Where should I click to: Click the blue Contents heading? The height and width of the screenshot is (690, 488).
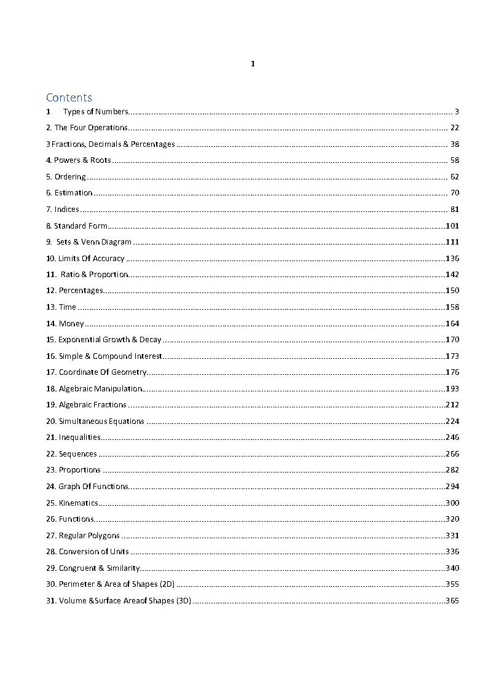(69, 98)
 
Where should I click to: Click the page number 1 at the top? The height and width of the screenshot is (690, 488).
(253, 64)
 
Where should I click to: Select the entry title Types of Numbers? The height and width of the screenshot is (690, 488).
(95, 112)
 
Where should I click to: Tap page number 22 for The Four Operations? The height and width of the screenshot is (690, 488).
(454, 128)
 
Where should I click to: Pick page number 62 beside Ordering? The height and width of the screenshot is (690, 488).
(454, 177)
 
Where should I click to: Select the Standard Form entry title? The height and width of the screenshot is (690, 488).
(81, 226)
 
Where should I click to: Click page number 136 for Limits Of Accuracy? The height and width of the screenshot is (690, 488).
(452, 259)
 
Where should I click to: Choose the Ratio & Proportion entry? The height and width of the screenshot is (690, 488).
(94, 275)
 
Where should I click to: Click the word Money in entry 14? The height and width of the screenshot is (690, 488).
(71, 324)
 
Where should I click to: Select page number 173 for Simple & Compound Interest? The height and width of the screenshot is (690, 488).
(452, 356)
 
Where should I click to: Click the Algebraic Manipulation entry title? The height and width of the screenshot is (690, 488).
(100, 389)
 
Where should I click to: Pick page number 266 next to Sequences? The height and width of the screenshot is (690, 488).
(452, 454)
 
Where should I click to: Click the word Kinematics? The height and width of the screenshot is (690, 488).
(78, 503)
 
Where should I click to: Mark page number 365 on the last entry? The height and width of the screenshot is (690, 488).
(452, 601)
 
